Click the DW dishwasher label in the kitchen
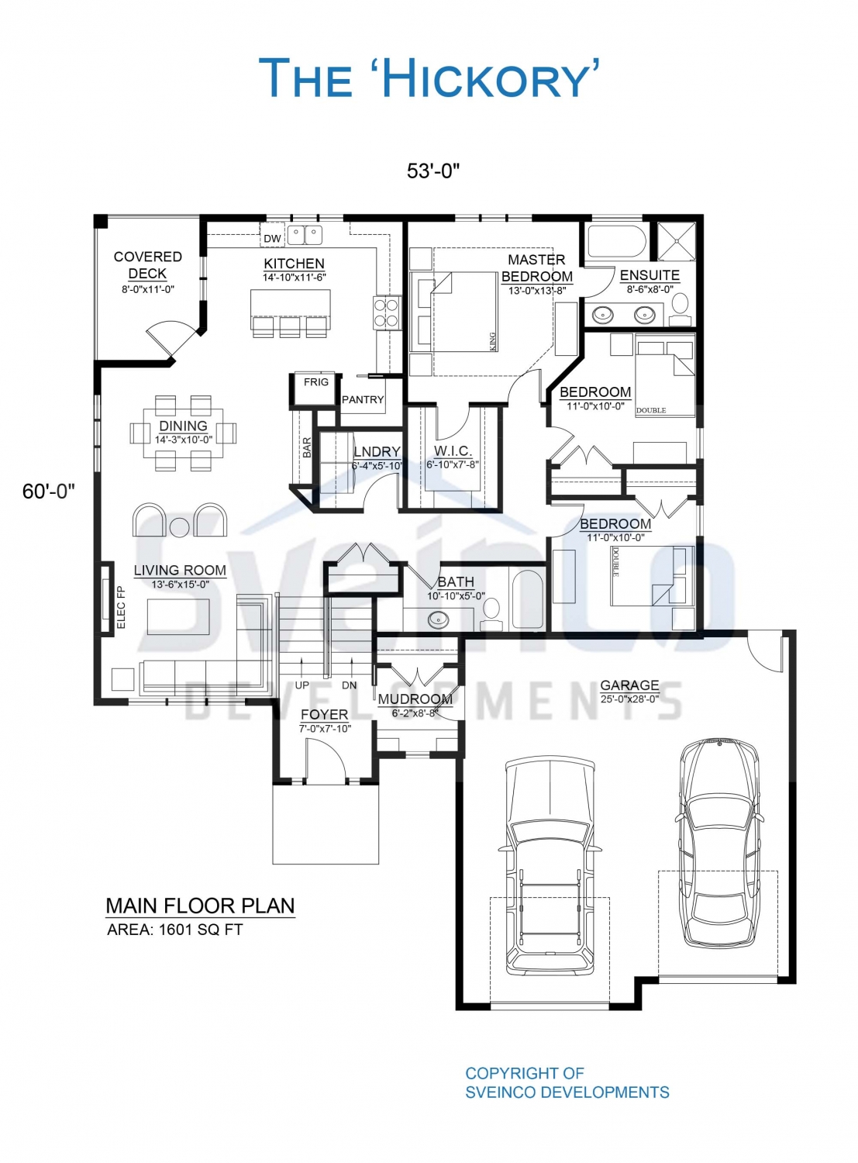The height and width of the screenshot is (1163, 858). tap(272, 239)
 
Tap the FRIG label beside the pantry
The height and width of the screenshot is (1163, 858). tap(316, 381)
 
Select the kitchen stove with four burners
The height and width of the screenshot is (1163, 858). tap(387, 312)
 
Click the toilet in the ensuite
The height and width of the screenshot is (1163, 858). tap(681, 309)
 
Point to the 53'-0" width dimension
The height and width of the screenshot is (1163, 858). tap(433, 171)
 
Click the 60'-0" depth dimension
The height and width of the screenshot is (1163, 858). tap(49, 492)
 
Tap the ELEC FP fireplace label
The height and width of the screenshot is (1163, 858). tap(121, 608)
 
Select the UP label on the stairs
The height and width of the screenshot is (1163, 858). tap(302, 685)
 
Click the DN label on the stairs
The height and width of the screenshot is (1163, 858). tap(349, 685)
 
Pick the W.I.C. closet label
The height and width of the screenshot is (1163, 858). tap(453, 450)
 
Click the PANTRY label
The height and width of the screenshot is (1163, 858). tap(363, 399)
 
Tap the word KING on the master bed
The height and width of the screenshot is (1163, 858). tap(492, 341)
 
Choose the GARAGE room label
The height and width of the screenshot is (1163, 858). tap(629, 685)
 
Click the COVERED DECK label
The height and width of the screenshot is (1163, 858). tap(148, 265)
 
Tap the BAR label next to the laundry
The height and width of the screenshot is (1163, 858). tap(307, 447)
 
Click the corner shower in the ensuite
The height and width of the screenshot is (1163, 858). tap(677, 241)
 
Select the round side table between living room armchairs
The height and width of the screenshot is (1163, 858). tap(180, 526)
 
